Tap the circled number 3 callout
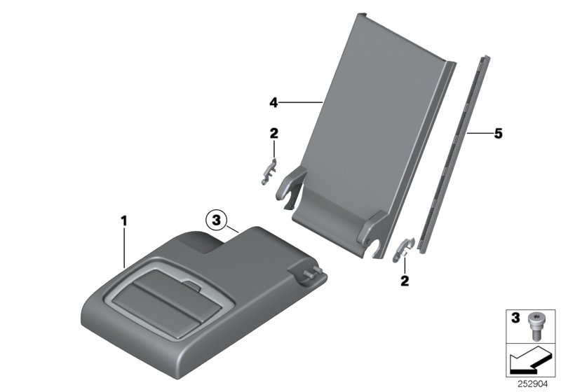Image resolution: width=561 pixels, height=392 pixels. pos(217,220)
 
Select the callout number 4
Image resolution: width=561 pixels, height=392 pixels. pos(273,103)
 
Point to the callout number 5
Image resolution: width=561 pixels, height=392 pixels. pos(499,132)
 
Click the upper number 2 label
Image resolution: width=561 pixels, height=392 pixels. pos(273,132)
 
